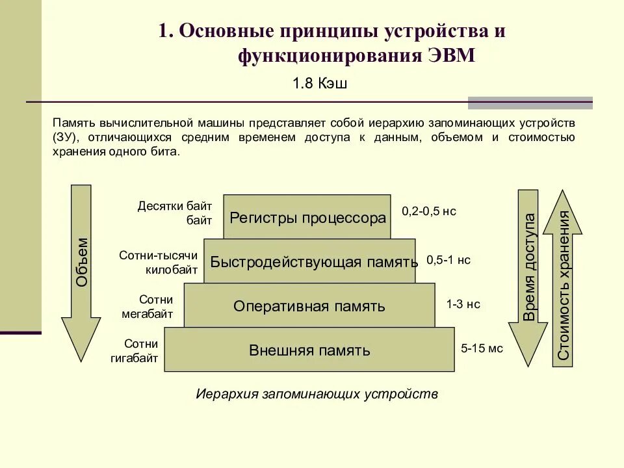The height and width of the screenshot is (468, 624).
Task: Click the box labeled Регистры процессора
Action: [307, 218]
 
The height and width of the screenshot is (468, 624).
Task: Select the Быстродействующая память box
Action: [309, 261]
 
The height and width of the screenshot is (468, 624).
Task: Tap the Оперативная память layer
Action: [309, 305]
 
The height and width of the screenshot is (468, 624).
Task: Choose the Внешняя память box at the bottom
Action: [309, 350]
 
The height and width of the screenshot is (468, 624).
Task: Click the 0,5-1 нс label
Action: [448, 260]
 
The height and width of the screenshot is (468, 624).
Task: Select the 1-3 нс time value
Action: [463, 304]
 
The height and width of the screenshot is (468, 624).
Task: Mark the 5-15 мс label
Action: [482, 348]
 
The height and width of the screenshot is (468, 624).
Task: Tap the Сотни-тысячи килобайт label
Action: [157, 262]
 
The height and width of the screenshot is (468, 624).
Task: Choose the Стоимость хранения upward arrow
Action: [563, 279]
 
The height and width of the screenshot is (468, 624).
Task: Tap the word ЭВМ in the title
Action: [452, 56]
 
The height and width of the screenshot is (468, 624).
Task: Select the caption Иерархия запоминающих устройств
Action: [317, 394]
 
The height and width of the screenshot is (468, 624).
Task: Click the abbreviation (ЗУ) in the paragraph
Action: [65, 138]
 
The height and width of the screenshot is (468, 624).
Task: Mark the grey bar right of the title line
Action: [530, 103]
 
